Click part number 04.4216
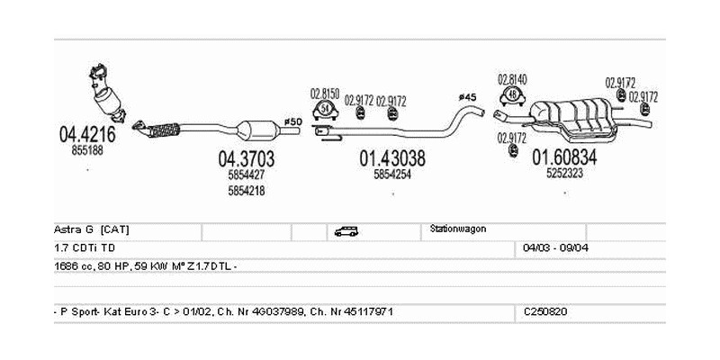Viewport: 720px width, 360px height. point(87,135)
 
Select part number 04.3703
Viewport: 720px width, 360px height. point(246,158)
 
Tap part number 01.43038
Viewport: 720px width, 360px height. point(392,158)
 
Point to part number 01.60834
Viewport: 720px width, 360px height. point(564,157)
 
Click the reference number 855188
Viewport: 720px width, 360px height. point(87,151)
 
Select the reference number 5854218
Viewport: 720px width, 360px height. point(246,190)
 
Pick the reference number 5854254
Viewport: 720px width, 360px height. point(392,175)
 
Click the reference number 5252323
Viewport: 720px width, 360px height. point(564,175)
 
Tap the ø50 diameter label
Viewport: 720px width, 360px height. point(292,121)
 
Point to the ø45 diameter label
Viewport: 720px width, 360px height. point(467,96)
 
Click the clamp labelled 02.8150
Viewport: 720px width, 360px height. point(324,111)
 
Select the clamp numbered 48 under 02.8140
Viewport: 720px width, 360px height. point(513,94)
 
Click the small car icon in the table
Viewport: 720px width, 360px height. point(346,231)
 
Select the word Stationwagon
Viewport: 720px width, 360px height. point(458,229)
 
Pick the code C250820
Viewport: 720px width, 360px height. point(545,310)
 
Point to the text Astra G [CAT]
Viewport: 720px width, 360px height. point(91,229)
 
